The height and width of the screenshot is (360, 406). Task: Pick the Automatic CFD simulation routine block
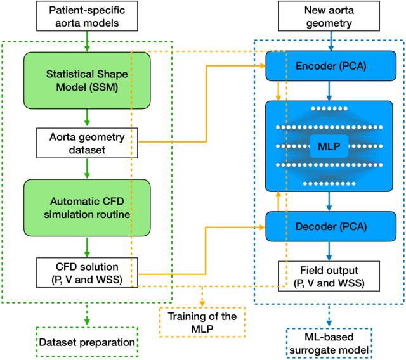point(87,208)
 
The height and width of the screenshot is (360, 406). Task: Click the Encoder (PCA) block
point(329,65)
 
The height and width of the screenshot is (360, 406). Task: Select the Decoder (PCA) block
point(329,226)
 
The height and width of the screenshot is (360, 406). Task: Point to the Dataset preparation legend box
point(87,342)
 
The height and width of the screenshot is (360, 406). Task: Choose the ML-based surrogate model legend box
point(329,342)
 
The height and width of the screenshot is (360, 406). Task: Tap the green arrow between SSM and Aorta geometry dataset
point(87,119)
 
